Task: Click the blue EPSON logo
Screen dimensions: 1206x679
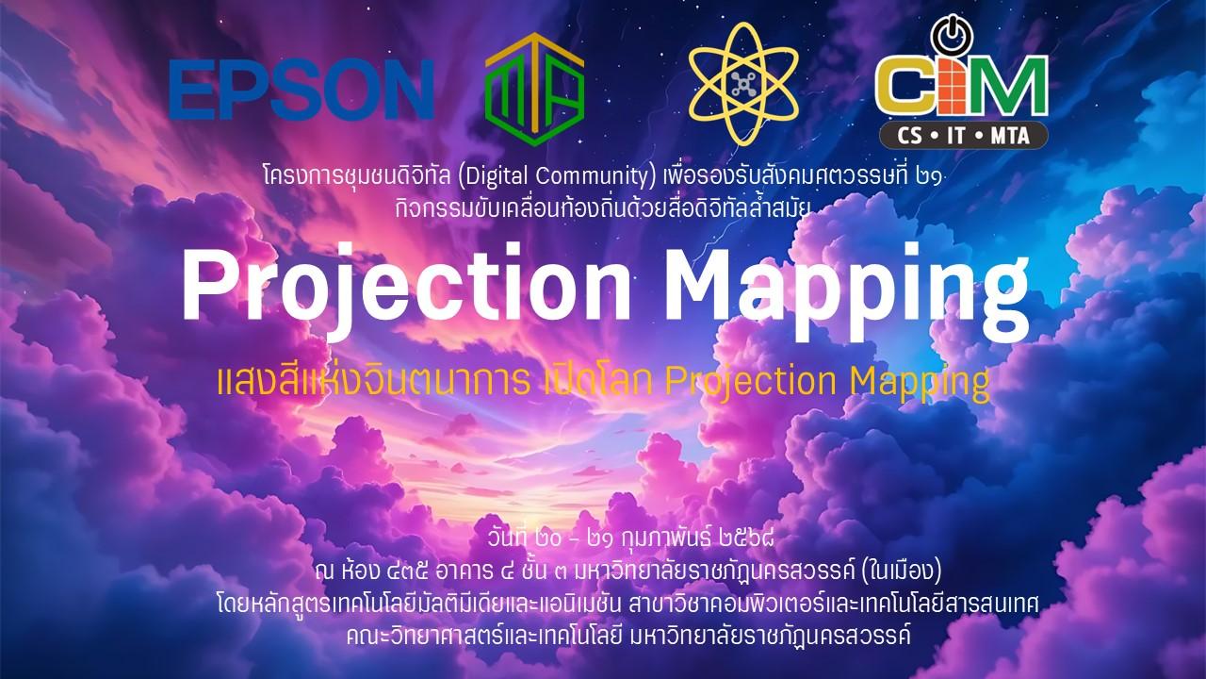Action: click(301, 89)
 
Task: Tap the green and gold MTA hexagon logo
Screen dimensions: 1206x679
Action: click(534, 90)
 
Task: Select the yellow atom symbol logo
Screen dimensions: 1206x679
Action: click(743, 84)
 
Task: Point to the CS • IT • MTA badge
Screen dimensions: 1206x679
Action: click(963, 135)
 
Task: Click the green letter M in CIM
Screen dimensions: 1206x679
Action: click(1009, 85)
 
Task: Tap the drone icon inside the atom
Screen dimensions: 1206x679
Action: click(743, 85)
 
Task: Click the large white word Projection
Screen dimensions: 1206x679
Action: click(406, 285)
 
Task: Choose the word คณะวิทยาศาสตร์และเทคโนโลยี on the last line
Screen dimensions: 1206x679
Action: click(484, 636)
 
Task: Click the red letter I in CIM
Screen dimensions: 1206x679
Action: click(955, 85)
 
